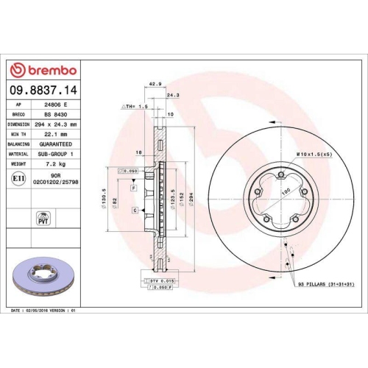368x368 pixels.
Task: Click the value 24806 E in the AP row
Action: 57,105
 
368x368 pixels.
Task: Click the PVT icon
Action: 42,219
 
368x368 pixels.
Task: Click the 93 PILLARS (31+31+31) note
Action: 326,283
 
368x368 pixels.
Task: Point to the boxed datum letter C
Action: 135,210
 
